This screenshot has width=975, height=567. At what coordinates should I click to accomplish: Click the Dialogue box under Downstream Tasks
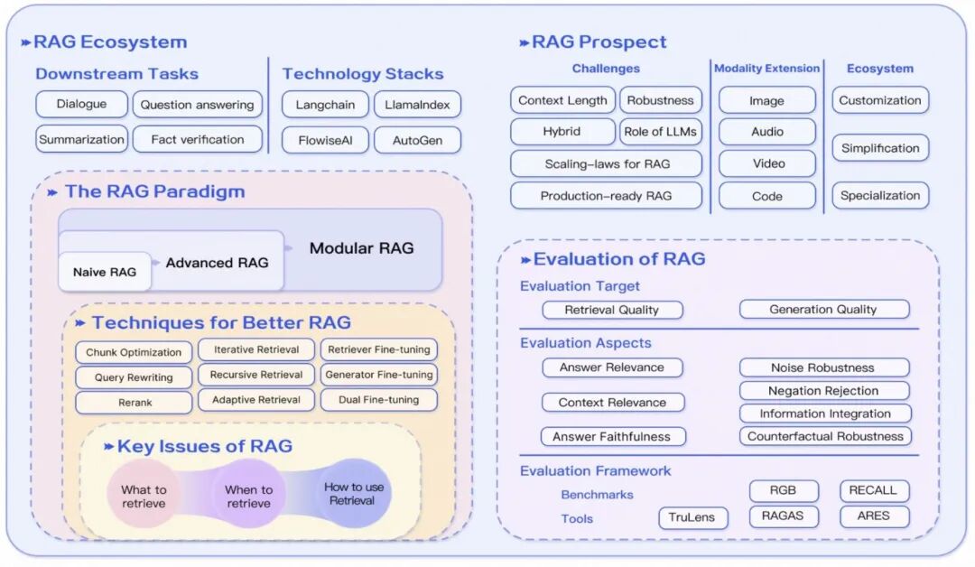(81, 104)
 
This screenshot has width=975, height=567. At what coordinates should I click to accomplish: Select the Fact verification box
(197, 139)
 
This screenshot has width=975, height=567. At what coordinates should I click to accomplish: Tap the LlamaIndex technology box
(417, 105)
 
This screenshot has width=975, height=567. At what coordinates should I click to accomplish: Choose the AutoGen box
(417, 141)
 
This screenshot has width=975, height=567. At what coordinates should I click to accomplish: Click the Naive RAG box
(105, 272)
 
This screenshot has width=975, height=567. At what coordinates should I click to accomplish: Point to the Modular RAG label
(361, 248)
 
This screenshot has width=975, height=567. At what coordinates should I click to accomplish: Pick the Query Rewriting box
(134, 377)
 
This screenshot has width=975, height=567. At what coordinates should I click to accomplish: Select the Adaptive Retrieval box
(256, 400)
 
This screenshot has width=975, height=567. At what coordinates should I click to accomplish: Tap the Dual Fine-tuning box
(378, 400)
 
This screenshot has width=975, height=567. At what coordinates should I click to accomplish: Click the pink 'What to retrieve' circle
(144, 496)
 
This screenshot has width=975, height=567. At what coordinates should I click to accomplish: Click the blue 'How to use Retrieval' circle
(354, 494)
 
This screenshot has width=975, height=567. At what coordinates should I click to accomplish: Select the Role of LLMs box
(660, 131)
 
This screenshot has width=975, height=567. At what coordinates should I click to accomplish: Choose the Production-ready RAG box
(607, 196)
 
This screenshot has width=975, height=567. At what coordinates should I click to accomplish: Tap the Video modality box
(767, 163)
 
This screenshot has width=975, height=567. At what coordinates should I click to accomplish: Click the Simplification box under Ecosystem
(880, 148)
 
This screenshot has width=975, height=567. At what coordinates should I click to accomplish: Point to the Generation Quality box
(824, 309)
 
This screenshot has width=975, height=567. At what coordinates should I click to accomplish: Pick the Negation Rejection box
(824, 390)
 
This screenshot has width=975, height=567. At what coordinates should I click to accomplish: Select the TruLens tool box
(692, 517)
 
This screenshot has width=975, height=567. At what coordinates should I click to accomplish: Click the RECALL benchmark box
(874, 490)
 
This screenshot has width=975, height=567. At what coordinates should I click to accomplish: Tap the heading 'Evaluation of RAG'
(619, 258)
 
